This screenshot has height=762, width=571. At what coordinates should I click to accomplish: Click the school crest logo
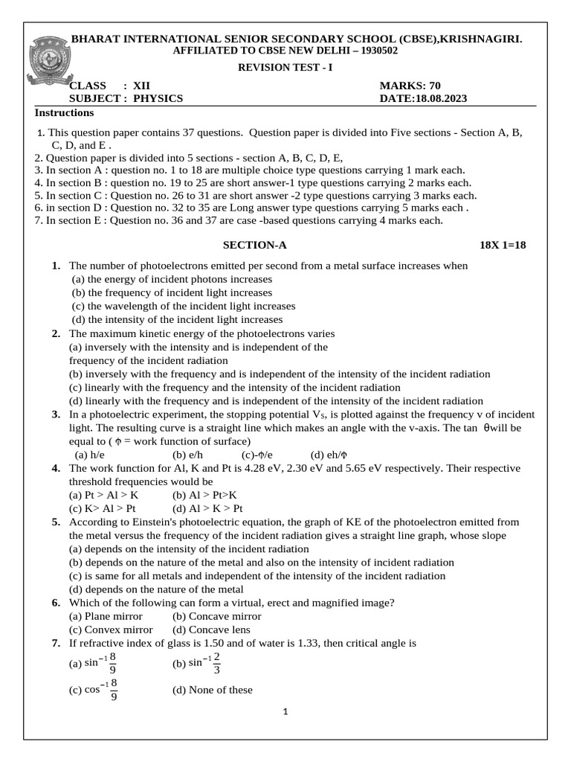coord(51,63)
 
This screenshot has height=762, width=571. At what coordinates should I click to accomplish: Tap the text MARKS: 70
coord(410,86)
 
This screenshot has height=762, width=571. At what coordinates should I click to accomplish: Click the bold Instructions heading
coord(65,113)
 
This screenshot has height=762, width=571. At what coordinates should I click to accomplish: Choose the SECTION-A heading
coord(255,245)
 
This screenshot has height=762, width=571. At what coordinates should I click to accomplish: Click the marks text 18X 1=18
coord(503,245)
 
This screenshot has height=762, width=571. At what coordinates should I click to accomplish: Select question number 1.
coord(56,266)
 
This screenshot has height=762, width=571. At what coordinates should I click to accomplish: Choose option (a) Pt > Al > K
coord(103,495)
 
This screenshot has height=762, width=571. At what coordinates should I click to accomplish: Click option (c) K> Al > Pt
coord(103,508)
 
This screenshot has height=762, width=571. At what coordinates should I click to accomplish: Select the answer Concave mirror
coord(216,616)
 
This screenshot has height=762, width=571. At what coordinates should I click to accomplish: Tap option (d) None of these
coord(212,690)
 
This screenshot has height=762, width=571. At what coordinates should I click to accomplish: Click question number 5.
coord(56,522)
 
